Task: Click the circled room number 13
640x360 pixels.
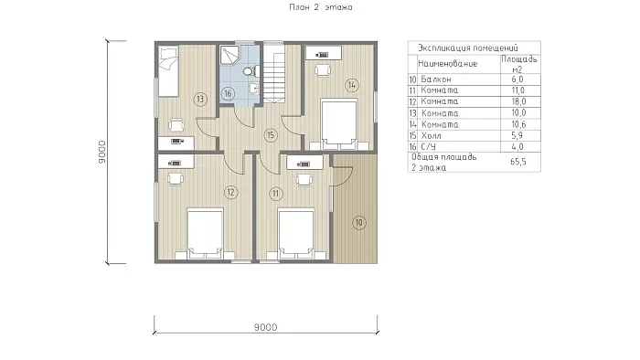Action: point(200,99)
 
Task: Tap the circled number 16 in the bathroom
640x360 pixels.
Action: point(228,94)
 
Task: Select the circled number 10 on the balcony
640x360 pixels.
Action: point(358,223)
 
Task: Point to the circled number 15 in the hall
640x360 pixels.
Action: point(271,135)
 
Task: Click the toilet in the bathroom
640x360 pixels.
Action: point(250,71)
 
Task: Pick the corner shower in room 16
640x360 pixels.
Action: point(229,56)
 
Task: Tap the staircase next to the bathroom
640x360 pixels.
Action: point(273,72)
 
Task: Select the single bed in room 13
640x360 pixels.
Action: point(168,71)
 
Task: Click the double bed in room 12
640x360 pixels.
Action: point(205,234)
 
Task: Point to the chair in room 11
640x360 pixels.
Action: point(304,179)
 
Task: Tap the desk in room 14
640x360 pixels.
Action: point(324,53)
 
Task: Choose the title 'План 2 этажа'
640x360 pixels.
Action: point(320,7)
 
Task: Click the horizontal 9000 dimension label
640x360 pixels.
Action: point(266,327)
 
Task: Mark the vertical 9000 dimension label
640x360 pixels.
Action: point(102,152)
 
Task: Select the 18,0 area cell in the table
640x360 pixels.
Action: point(518,101)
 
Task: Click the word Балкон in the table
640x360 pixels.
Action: point(436,79)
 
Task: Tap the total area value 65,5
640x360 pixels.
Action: point(518,162)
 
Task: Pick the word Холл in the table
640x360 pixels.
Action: point(431,135)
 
